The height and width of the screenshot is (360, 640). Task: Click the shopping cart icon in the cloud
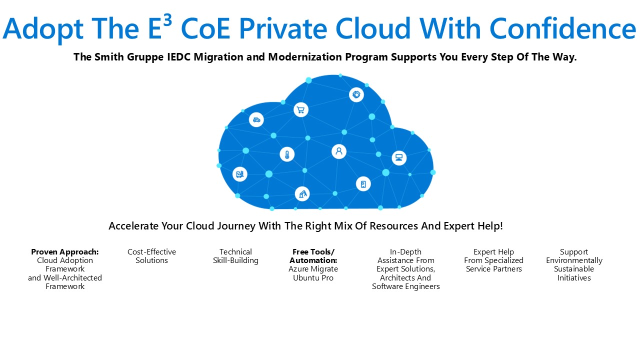coord(300,109)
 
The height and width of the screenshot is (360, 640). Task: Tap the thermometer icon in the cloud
coord(287,154)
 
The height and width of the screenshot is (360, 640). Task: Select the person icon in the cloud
coord(339,151)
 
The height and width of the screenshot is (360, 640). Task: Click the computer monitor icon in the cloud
coord(399,157)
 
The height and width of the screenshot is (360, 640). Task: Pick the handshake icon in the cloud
coord(356,94)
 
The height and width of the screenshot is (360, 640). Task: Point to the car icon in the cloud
coord(256,119)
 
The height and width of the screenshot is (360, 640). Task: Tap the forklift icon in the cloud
coord(239,174)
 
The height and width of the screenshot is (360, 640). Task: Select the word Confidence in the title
coord(563,28)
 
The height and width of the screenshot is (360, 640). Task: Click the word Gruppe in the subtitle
coord(145,57)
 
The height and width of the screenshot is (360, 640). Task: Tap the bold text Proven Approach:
coord(65,251)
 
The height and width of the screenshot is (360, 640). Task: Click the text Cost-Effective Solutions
coord(151,256)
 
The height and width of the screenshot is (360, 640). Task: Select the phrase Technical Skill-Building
coord(235,256)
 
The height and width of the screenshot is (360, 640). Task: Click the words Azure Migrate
coord(313,269)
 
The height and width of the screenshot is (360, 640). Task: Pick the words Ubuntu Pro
coord(313,277)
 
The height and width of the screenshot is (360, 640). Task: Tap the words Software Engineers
coord(405,286)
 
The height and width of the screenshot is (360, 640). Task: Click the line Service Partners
coord(493,269)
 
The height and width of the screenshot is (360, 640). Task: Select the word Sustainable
coord(573,269)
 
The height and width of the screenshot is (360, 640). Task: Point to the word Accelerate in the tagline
coord(133,226)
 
